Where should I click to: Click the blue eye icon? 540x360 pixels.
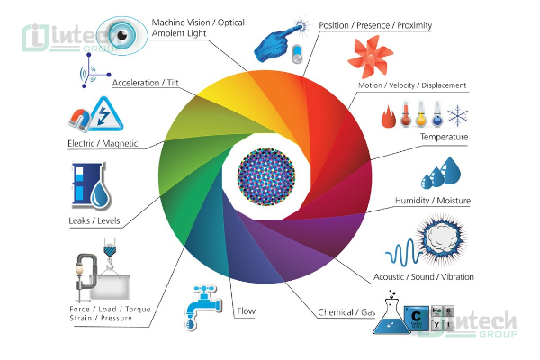tap(121, 35)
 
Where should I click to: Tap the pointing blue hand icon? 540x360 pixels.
tap(277, 43)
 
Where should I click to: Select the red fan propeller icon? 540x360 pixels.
tap(370, 57)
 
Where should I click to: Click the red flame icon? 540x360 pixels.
tap(389, 116)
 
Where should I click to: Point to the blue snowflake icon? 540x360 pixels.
tap(457, 116)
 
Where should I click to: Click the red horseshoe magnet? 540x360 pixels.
tap(79, 120)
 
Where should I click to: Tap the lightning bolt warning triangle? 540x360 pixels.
tap(105, 114)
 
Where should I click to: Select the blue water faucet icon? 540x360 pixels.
tap(203, 307)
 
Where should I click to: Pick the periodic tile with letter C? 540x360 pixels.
tap(416, 318)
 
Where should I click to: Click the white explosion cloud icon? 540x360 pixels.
tap(442, 239)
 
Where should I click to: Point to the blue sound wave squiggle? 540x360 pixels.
tap(403, 253)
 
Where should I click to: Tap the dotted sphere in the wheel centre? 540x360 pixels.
tap(266, 176)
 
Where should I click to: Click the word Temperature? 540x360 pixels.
tap(445, 137)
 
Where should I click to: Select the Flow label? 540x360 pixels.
tap(247, 311)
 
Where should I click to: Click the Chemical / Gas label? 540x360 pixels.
tap(346, 312)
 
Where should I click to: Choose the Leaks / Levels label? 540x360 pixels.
tap(94, 220)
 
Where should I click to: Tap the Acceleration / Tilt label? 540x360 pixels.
tap(146, 83)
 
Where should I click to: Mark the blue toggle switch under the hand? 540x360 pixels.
tap(297, 54)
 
